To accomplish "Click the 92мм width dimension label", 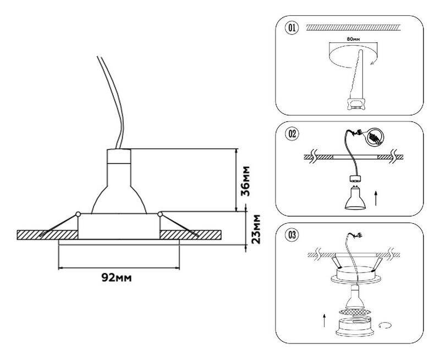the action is click(x=116, y=278).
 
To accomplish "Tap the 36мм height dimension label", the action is click(x=245, y=181).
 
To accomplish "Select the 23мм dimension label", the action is click(x=256, y=229).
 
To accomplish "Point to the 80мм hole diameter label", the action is click(x=353, y=39).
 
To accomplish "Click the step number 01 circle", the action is click(x=292, y=29).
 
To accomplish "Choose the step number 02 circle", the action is click(x=292, y=134).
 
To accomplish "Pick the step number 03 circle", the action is click(x=292, y=235).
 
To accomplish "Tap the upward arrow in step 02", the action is click(x=376, y=198).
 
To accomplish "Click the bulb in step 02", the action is click(x=354, y=198).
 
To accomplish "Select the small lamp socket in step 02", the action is click(x=354, y=179).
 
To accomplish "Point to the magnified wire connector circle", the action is click(x=375, y=137).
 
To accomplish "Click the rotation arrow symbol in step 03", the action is click(x=385, y=325).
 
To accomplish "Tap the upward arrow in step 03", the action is click(x=324, y=321).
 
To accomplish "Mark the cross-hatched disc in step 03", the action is click(x=355, y=312).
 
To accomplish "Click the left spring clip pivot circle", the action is click(x=78, y=214).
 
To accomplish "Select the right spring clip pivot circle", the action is click(x=160, y=214).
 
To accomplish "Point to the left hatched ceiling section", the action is click(x=47, y=235).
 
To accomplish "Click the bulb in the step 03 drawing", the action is click(x=355, y=297).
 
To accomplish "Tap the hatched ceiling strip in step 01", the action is click(x=353, y=27).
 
